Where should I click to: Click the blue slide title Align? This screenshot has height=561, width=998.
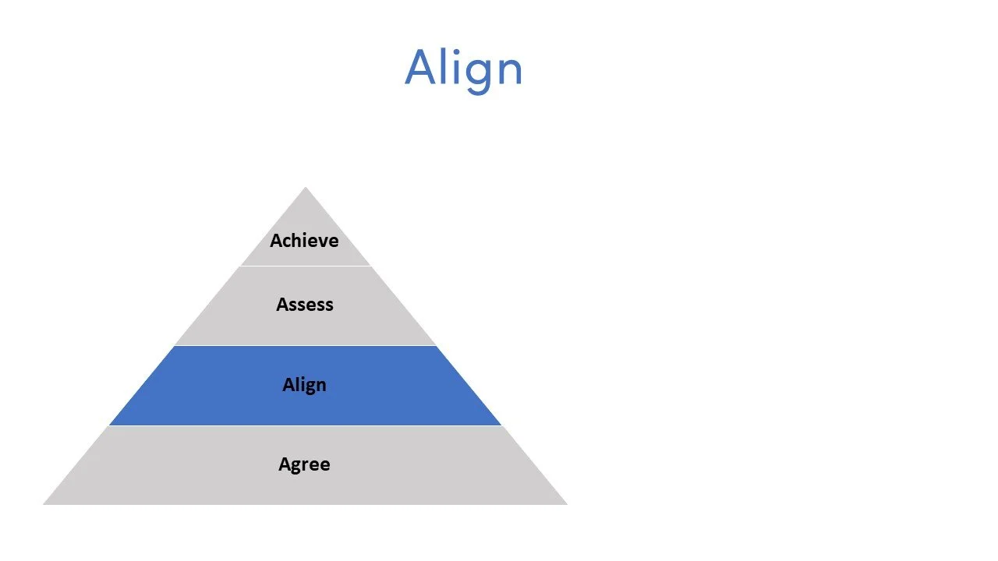pos(463,68)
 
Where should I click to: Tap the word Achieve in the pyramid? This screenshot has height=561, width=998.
pos(304,240)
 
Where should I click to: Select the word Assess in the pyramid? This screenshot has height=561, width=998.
pos(304,304)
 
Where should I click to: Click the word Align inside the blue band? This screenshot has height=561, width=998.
pos(304,384)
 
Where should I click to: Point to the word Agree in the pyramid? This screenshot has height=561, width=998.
pos(304,464)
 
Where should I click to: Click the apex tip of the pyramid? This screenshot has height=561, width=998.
pos(305,189)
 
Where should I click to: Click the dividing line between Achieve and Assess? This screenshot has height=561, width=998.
pos(305,266)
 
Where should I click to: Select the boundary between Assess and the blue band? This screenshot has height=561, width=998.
pos(305,345)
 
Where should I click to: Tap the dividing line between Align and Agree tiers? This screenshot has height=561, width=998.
pos(305,425)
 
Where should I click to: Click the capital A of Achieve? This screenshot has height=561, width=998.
pos(276,240)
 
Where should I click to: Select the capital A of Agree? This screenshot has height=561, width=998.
pos(285,464)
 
